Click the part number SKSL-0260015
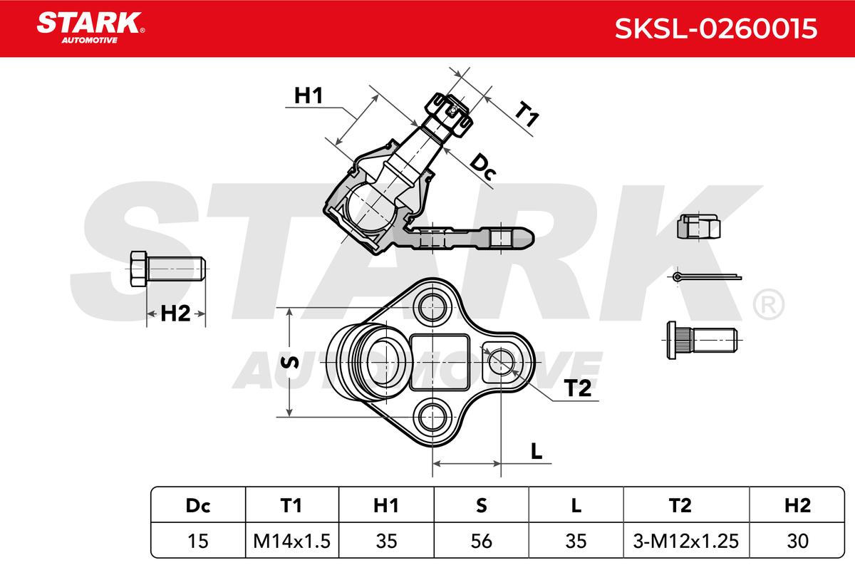(715, 28)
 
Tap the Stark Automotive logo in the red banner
(90, 28)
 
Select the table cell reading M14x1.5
(291, 541)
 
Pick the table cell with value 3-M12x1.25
(686, 541)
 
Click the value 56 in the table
(481, 541)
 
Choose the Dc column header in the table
(198, 505)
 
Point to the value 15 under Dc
(198, 541)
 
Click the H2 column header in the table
(797, 505)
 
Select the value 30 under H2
(797, 541)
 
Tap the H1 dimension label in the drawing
(309, 95)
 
